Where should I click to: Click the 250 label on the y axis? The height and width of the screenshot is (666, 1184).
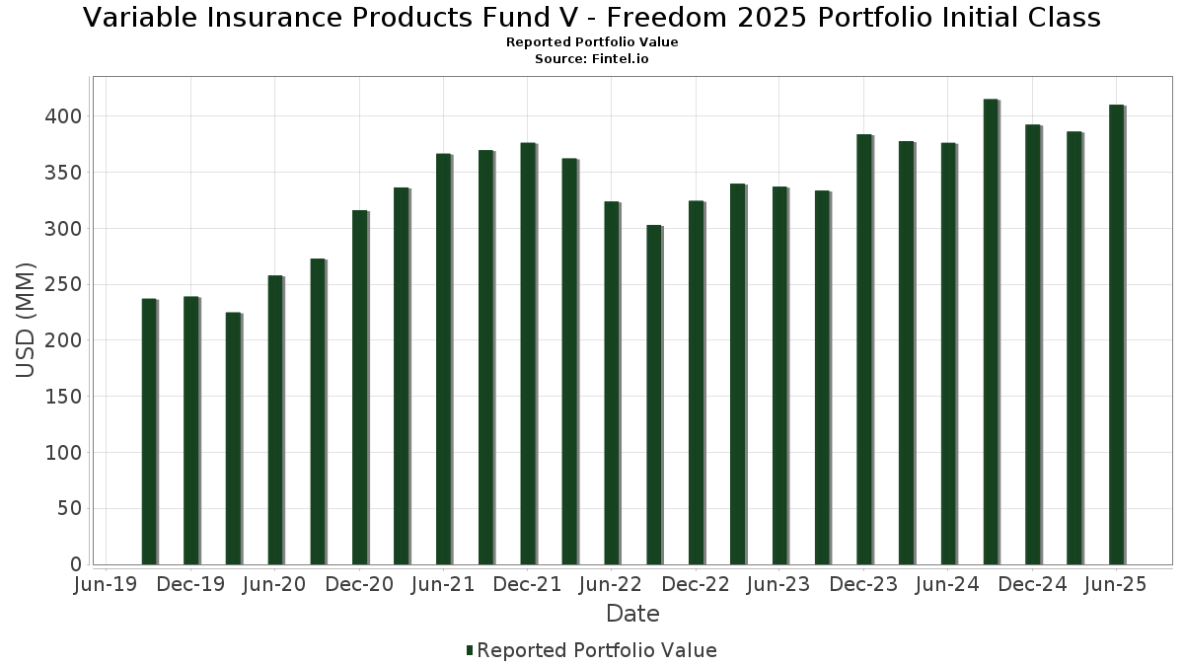pyautogui.click(x=64, y=284)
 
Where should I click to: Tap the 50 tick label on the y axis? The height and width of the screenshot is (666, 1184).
pyautogui.click(x=70, y=509)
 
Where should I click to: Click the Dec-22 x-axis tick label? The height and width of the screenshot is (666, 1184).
pyautogui.click(x=696, y=585)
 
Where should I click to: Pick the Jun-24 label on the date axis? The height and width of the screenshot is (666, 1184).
pyautogui.click(x=948, y=585)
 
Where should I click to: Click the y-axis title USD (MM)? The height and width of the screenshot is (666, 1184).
pyautogui.click(x=27, y=321)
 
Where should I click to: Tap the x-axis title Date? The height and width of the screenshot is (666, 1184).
pyautogui.click(x=632, y=614)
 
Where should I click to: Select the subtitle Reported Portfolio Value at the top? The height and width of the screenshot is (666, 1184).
pyautogui.click(x=592, y=42)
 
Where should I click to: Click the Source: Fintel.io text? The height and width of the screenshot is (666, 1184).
pyautogui.click(x=592, y=59)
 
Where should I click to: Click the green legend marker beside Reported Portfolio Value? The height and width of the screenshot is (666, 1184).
pyautogui.click(x=470, y=651)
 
